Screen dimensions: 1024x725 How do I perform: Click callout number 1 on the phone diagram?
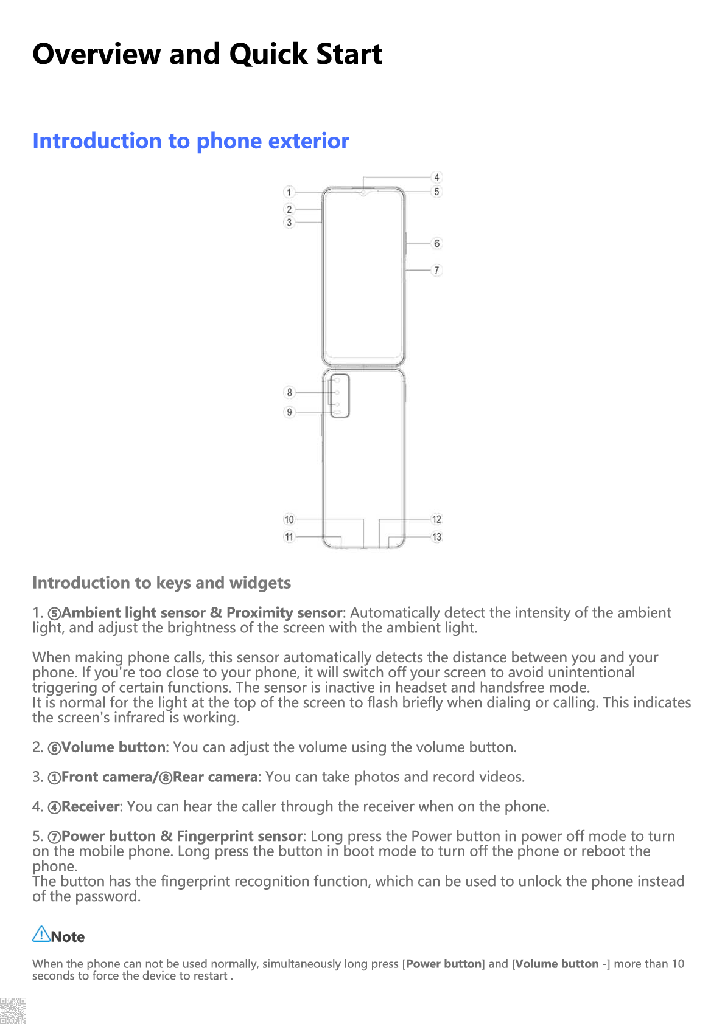289,192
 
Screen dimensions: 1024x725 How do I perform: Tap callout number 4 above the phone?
436,178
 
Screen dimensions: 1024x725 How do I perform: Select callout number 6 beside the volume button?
436,243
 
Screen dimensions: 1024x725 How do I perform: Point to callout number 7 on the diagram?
436,270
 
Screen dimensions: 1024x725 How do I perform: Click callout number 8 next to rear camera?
289,392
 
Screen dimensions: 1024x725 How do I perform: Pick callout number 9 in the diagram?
289,412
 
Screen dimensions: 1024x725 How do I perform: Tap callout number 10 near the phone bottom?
289,519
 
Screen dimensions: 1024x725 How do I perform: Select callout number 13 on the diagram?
436,537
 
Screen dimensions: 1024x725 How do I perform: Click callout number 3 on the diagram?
289,223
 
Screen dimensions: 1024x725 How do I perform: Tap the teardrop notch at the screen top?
363,193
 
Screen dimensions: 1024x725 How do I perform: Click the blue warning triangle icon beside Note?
41,935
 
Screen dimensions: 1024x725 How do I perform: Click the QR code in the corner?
13,1010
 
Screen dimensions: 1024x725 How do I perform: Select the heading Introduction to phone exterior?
191,141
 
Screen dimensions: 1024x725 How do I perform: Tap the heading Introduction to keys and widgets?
161,583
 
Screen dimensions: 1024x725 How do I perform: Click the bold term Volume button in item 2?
113,747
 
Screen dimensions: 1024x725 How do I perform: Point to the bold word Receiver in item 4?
91,807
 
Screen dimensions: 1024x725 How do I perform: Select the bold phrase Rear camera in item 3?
215,777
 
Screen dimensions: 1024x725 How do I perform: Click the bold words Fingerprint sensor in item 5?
239,837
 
